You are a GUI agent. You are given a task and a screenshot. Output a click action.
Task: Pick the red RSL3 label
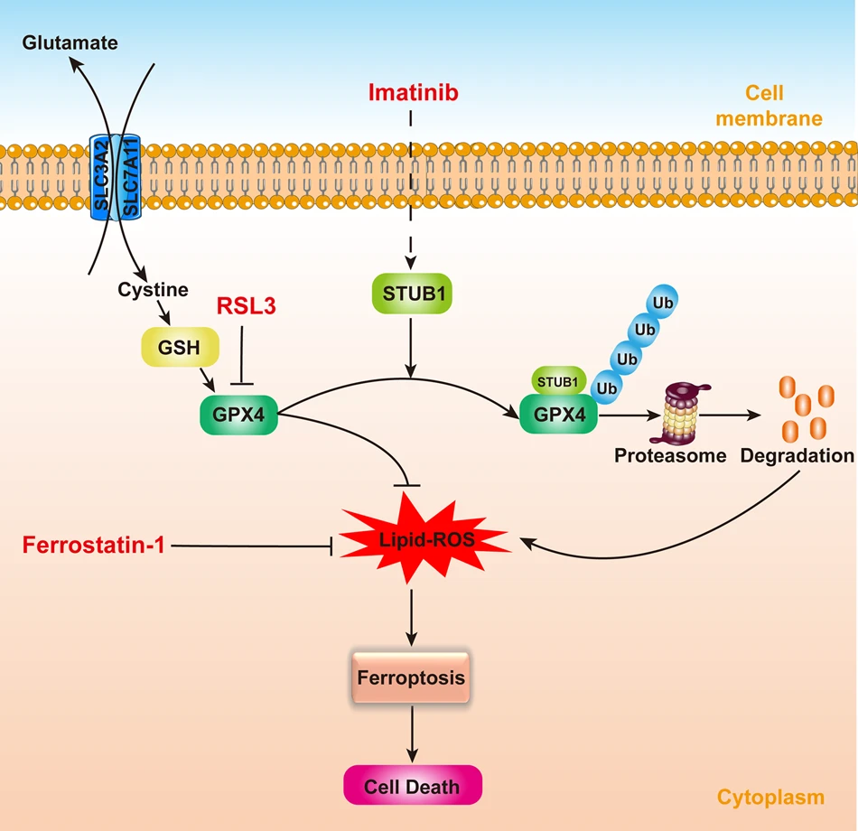(245, 305)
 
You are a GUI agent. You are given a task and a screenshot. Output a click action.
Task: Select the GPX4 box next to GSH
(238, 415)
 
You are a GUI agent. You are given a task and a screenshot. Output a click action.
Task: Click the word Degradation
(797, 456)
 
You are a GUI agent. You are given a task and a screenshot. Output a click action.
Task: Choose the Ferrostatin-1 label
(93, 545)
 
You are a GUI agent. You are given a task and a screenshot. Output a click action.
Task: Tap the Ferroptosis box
(412, 677)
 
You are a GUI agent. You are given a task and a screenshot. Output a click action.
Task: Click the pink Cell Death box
(412, 786)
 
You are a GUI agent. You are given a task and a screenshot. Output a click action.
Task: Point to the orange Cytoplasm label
(770, 797)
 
